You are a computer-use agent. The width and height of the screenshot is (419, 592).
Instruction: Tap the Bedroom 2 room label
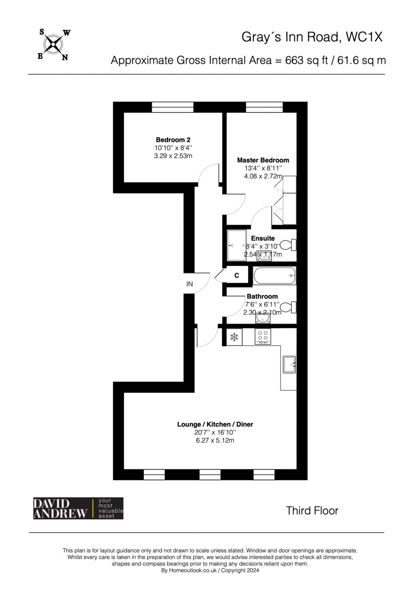pyautogui.click(x=173, y=140)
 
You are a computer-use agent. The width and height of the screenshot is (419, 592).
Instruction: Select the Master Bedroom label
pyautogui.click(x=263, y=160)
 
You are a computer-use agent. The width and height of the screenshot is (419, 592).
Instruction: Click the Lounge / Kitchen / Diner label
pyautogui.click(x=215, y=424)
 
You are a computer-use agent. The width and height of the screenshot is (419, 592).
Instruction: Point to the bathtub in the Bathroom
pyautogui.click(x=274, y=276)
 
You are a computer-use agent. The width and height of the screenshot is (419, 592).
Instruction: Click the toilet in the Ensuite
pyautogui.click(x=288, y=245)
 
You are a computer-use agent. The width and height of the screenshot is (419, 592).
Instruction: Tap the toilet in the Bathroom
pyautogui.click(x=288, y=307)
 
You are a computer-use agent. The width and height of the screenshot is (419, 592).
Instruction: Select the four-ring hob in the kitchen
pyautogui.click(x=263, y=336)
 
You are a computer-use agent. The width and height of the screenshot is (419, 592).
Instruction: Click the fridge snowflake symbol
pyautogui.click(x=234, y=337)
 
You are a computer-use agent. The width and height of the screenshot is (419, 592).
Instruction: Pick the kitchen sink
pyautogui.click(x=289, y=364)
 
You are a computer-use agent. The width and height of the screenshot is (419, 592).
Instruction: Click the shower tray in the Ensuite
pyautogui.click(x=236, y=245)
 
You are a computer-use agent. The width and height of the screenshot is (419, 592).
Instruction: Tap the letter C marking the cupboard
pyautogui.click(x=237, y=276)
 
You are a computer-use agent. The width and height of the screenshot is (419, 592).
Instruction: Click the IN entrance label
pyautogui.click(x=189, y=284)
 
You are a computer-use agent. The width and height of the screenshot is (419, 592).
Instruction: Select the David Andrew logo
pyautogui.click(x=78, y=508)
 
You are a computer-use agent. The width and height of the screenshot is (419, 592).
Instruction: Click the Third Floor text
pyautogui.click(x=312, y=511)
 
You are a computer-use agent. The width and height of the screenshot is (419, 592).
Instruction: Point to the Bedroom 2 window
pyautogui.click(x=173, y=107)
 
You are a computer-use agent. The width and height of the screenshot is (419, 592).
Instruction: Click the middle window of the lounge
pyautogui.click(x=210, y=474)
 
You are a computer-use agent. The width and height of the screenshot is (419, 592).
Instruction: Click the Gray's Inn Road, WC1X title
pyautogui.click(x=312, y=37)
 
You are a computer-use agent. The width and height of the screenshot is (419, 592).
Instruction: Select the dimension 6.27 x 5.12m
pyautogui.click(x=215, y=440)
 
